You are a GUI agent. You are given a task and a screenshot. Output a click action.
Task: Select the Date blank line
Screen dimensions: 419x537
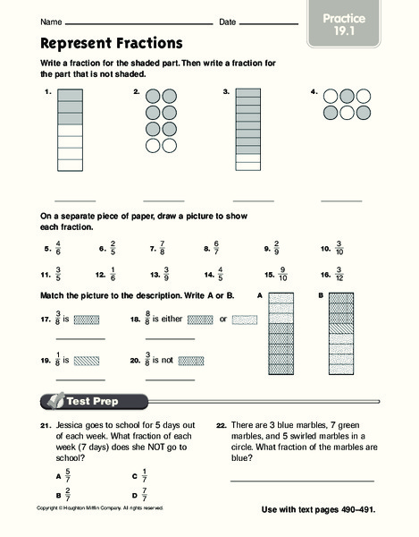[268, 22]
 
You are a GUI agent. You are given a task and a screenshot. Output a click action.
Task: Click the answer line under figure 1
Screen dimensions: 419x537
[76, 201]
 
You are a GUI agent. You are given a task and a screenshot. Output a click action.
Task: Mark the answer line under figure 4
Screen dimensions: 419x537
[341, 201]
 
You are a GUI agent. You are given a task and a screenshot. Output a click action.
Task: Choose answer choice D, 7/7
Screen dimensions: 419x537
[146, 493]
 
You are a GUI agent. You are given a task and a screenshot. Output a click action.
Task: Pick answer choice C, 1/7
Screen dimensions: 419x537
[146, 476]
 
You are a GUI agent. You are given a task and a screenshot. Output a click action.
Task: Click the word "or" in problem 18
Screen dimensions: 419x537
[222, 318]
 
